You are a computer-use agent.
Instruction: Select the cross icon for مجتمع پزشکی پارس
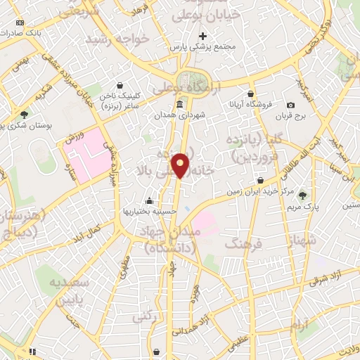pos(203,35)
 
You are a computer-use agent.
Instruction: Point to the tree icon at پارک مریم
pos(303,195)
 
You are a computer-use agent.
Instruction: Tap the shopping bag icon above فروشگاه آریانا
pos(250,94)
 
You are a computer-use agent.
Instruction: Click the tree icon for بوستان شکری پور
pos(25,114)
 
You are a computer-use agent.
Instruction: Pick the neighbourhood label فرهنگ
pos(243,243)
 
